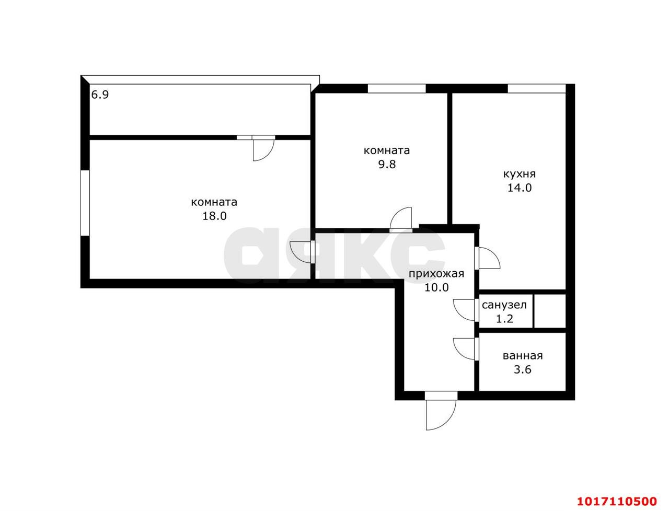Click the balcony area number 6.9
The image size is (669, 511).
[100, 95]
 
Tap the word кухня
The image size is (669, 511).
[519, 174]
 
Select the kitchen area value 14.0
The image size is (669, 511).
[520, 188]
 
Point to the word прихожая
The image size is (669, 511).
[436, 274]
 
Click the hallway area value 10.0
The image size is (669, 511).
[436, 288]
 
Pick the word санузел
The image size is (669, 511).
[504, 305]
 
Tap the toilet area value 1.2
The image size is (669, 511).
[504, 319]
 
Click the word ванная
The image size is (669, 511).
[523, 356]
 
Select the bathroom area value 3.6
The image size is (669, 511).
[523, 369]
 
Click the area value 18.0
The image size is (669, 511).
[215, 216]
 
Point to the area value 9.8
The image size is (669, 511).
[387, 164]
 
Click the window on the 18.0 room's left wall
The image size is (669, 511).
[85, 203]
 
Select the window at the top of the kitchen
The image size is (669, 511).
[536, 88]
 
